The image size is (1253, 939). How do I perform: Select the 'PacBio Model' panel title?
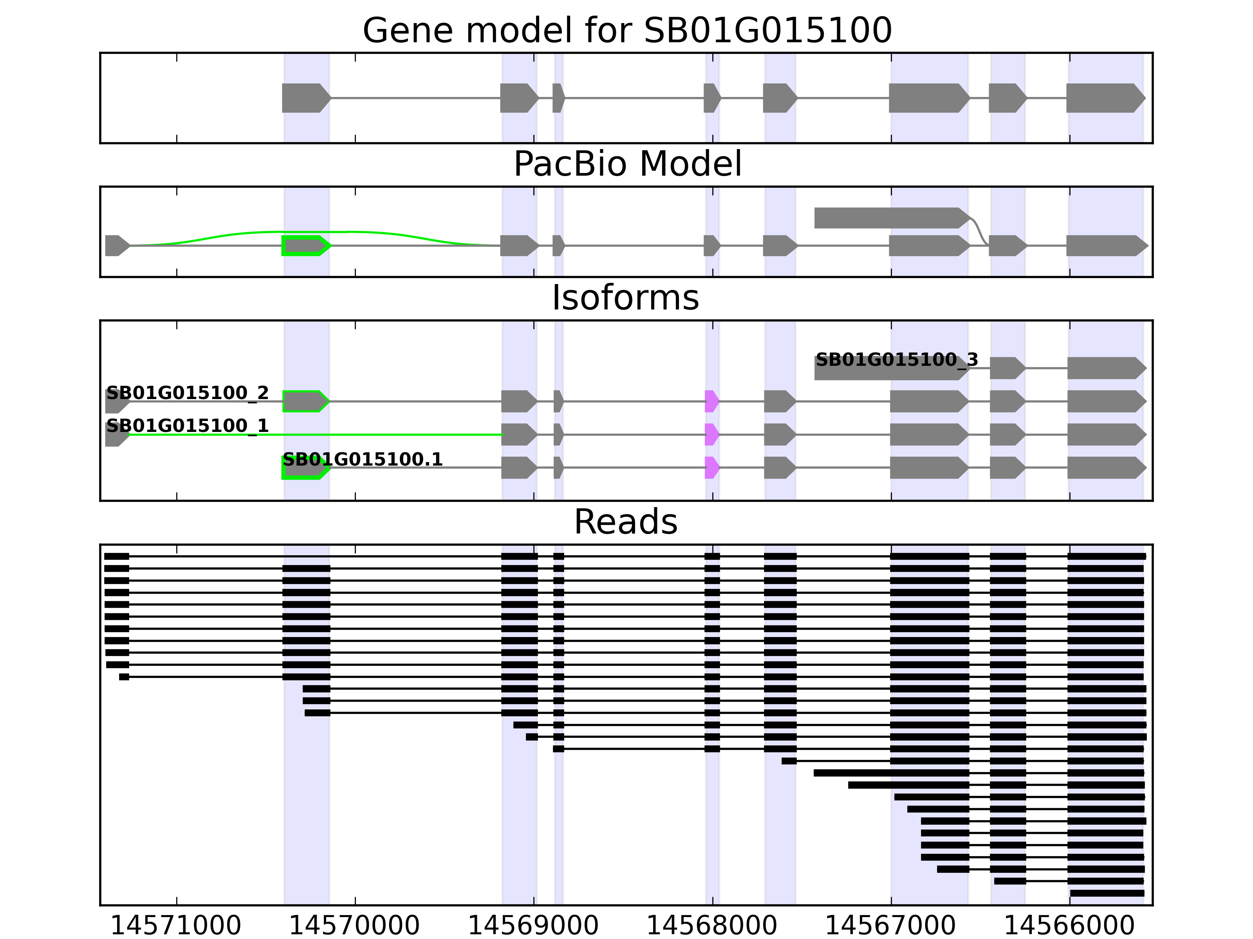(627, 164)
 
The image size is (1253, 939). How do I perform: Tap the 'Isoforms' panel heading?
(625, 298)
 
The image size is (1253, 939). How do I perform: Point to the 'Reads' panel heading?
(625, 522)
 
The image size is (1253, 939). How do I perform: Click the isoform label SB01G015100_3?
(897, 360)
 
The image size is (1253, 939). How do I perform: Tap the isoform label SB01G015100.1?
(363, 459)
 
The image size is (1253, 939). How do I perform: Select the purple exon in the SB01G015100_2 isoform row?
(711, 401)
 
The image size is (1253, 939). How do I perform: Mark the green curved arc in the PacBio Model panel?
(317, 232)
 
